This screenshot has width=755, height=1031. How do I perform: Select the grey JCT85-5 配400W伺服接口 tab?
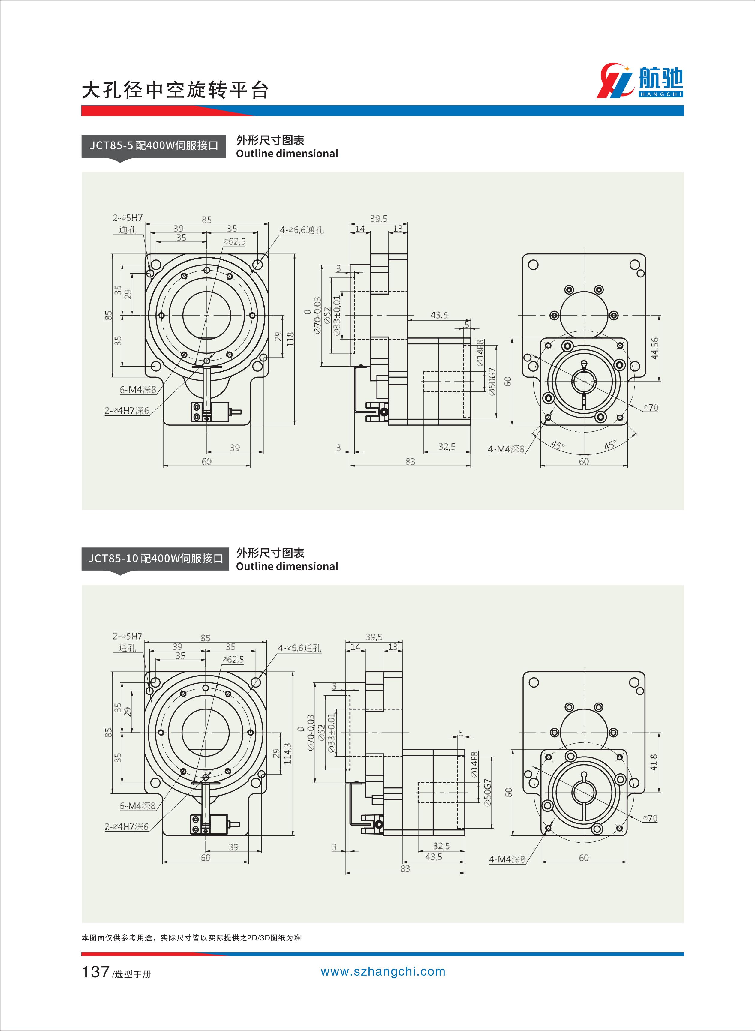pyautogui.click(x=154, y=146)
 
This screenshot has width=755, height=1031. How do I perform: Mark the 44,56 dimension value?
pyautogui.click(x=655, y=348)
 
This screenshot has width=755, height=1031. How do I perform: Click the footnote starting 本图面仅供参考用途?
pyautogui.click(x=191, y=938)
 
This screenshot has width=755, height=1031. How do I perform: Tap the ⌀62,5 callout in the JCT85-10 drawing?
pyautogui.click(x=233, y=660)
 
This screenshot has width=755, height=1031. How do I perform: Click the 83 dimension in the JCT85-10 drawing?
pyautogui.click(x=405, y=868)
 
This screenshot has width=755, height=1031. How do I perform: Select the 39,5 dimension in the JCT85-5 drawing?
pyautogui.click(x=378, y=219)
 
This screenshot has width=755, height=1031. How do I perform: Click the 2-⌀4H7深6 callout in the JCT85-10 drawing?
pyautogui.click(x=127, y=826)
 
